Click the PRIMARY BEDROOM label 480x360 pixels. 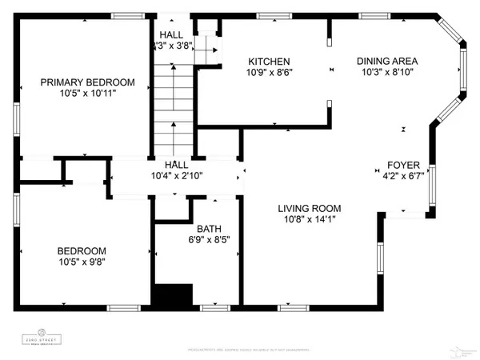[x=87, y=82]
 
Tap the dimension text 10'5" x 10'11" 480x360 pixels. [x=87, y=93]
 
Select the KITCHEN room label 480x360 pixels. [x=268, y=62]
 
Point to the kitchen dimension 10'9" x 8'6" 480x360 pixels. [x=268, y=73]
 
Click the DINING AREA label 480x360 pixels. [x=388, y=60]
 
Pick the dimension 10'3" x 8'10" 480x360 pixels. [x=388, y=71]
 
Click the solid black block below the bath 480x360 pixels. [x=174, y=295]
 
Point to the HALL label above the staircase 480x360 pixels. [x=170, y=34]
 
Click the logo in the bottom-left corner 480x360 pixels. [x=40, y=334]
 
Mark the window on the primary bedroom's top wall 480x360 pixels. [x=123, y=15]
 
